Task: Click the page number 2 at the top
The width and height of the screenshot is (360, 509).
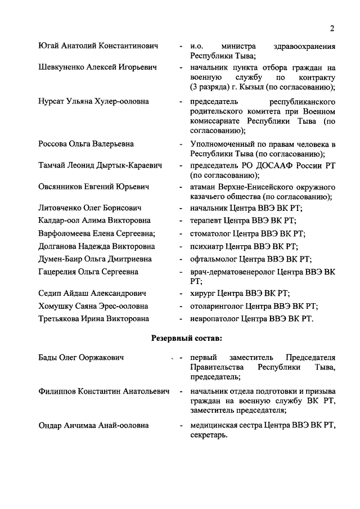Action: (x=332, y=29)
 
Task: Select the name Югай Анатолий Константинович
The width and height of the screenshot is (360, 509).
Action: (x=98, y=46)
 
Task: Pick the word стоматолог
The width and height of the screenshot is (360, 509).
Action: (x=212, y=233)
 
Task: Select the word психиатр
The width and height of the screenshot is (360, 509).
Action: (x=208, y=246)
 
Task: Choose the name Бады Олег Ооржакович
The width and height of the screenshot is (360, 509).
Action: (x=81, y=358)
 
